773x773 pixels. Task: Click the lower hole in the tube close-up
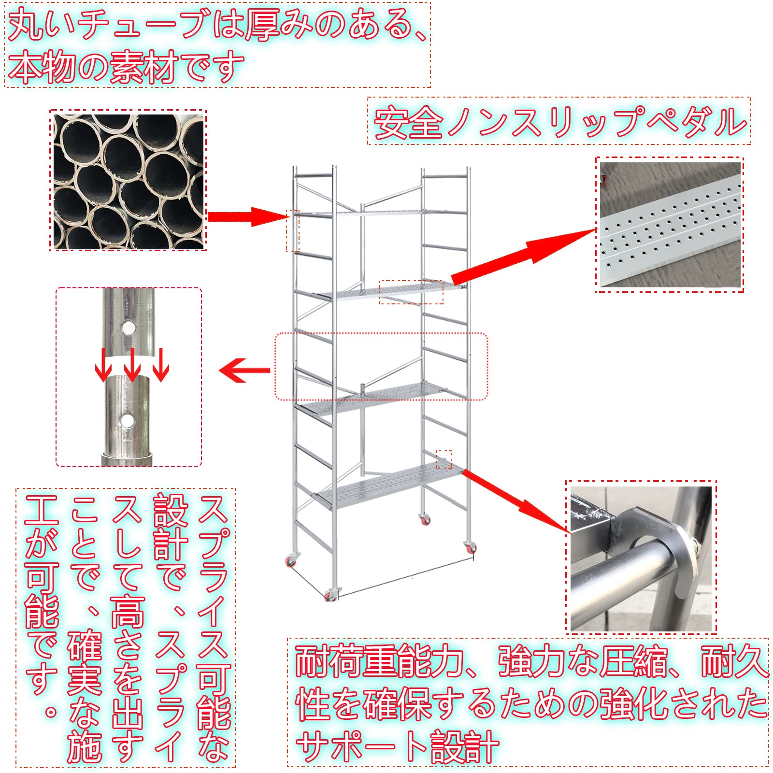point(128,420)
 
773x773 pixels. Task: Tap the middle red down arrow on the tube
point(132,366)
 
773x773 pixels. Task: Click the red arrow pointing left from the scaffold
point(244,371)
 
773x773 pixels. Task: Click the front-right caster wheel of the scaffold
point(470,548)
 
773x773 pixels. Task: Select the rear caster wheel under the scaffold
point(425,520)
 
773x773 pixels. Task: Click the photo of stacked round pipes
point(128,180)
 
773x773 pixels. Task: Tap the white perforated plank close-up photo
point(670,225)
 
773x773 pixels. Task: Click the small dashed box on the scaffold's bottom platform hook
point(444,459)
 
